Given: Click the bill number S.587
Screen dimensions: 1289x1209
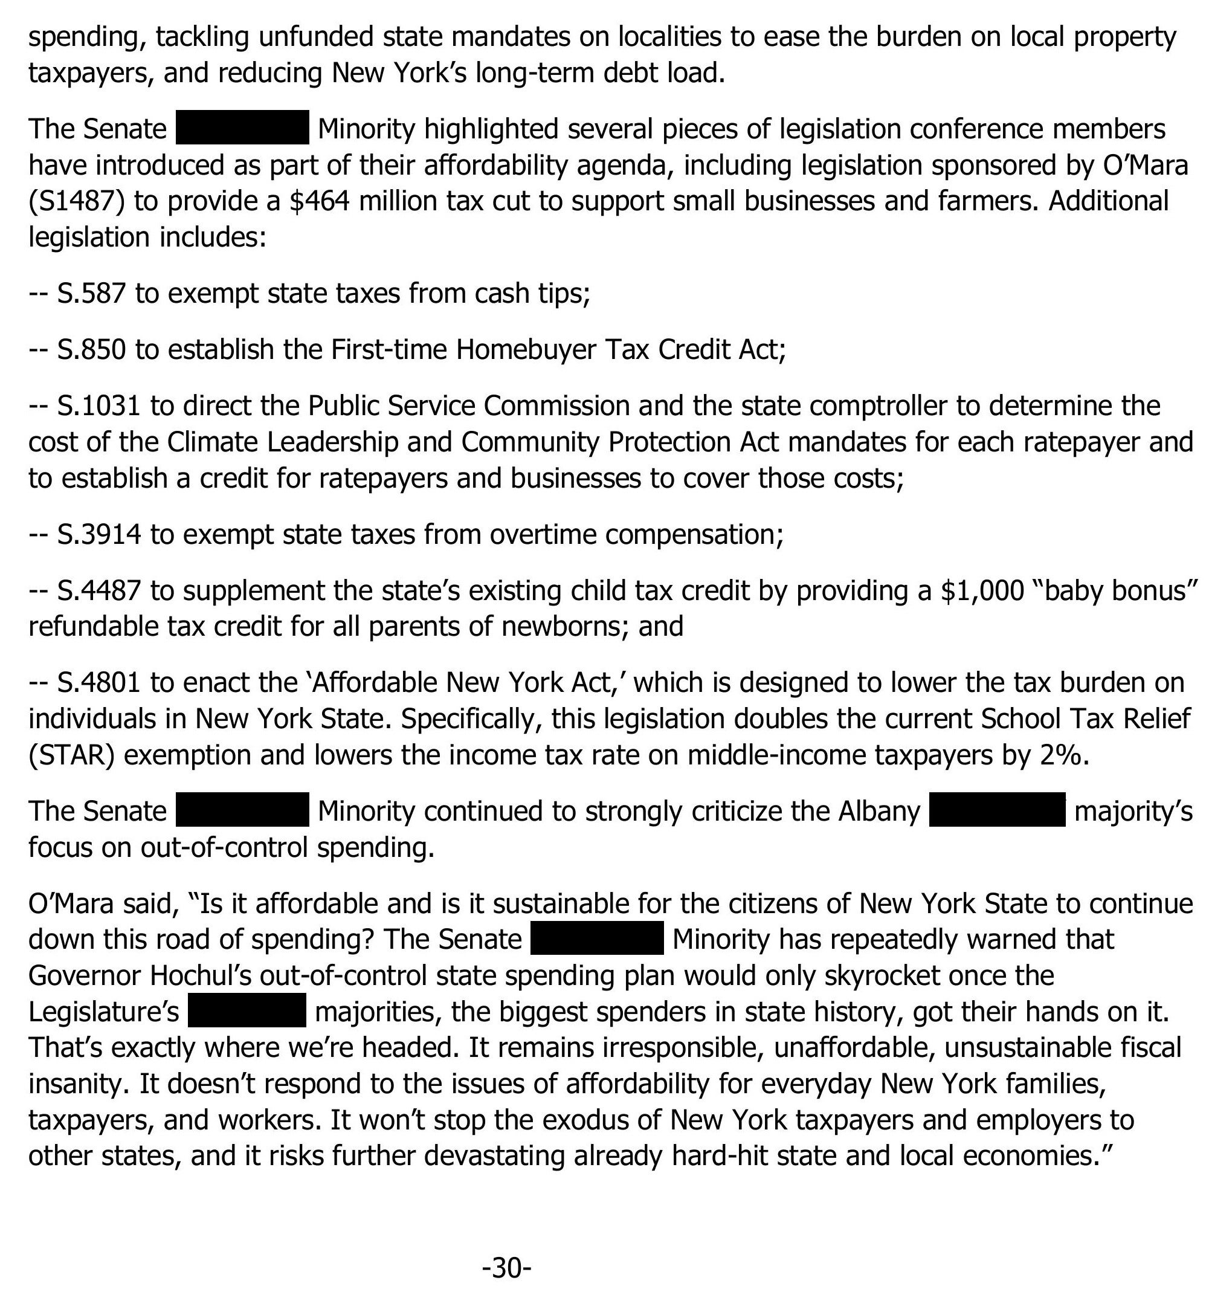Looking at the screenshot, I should [x=91, y=294].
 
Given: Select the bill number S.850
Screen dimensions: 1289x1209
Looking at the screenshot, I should [x=91, y=350].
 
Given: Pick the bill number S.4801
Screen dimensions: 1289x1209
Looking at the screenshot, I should [x=98, y=682].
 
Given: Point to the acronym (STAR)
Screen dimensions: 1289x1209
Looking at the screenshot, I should [x=71, y=755].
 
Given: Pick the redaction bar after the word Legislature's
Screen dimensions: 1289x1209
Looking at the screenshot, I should [x=247, y=1010].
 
